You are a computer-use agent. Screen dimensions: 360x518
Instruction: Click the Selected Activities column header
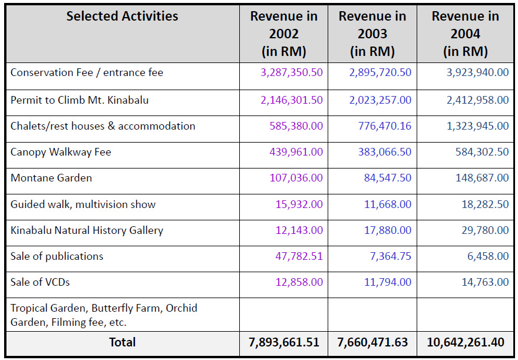[x=122, y=16]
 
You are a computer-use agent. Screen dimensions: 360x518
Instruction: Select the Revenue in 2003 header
[x=372, y=34]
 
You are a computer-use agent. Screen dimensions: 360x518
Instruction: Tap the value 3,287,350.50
[x=292, y=72]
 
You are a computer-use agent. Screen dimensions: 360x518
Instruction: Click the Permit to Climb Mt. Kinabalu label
[x=80, y=100]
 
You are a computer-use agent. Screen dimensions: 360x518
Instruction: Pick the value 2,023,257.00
[x=380, y=100]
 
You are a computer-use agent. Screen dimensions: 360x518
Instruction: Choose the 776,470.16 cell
[x=385, y=126]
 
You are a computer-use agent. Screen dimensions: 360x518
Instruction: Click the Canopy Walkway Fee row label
[x=61, y=152]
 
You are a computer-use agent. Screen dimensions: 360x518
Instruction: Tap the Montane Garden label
[x=51, y=178]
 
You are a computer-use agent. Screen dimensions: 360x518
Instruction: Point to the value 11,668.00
[x=388, y=204]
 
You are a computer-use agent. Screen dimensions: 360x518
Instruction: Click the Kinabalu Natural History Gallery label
[x=87, y=230]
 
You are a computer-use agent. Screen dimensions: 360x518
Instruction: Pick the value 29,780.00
[x=485, y=230]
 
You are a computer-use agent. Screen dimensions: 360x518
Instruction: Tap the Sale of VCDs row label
[x=40, y=282]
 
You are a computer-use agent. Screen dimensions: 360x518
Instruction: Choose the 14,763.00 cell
[x=485, y=282]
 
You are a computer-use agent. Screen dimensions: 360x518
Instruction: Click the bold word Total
[x=122, y=342]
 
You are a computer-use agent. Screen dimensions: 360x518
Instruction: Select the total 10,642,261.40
[x=466, y=343]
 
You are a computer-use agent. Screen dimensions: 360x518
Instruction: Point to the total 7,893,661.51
[x=283, y=343]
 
